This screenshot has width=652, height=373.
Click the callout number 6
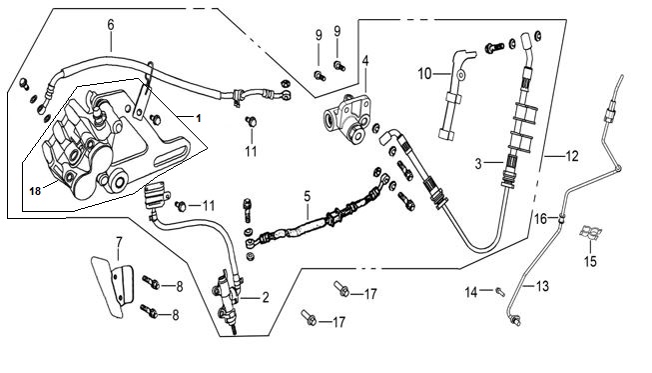pos(111,25)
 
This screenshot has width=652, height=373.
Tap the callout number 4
pos(365,61)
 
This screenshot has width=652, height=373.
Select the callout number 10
pos(425,74)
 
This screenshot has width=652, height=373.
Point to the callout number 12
pos(572,157)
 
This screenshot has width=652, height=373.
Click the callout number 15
pos(590,261)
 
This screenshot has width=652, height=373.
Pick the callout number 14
pos(471,292)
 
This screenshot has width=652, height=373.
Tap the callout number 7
pos(120,242)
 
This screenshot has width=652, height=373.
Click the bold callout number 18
pos(35,191)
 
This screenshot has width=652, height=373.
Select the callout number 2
pos(266,298)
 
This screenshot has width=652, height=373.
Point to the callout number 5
pos(307,196)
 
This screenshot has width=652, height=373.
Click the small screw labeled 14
pos(500,292)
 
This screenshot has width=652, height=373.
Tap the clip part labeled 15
pos(591,232)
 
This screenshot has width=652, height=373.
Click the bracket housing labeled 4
pos(346,119)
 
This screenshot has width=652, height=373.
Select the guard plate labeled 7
pos(112,287)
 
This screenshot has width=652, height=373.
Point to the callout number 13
pos(542,286)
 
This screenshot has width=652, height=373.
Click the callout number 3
pos(478,164)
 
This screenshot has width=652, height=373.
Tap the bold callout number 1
pos(199,118)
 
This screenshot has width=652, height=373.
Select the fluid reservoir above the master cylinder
pos(156,195)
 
